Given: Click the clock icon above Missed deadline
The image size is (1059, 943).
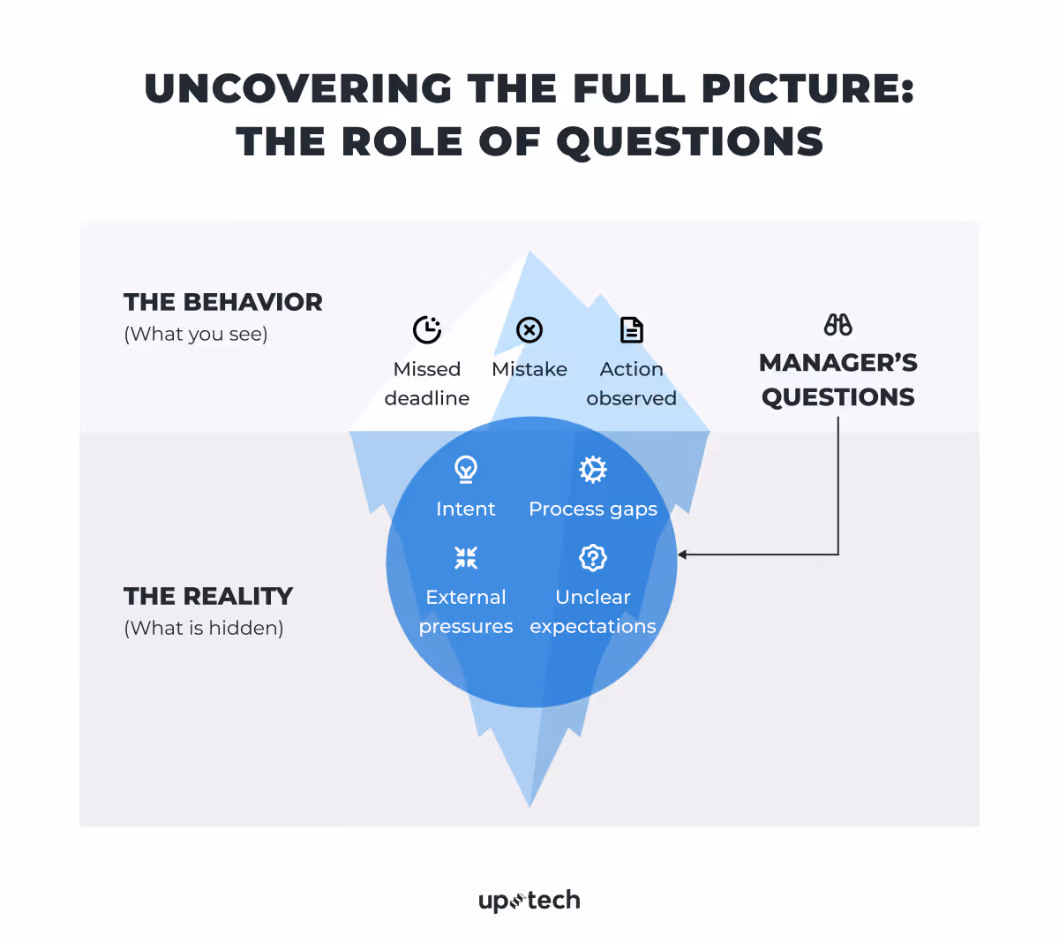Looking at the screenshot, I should (x=427, y=330).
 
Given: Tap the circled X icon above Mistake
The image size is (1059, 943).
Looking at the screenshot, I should (x=529, y=330).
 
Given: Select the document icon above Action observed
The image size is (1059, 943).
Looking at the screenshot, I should (x=632, y=330).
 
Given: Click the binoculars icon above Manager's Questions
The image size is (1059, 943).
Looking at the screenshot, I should (x=838, y=325).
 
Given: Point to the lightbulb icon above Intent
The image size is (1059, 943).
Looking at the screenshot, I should (x=466, y=469).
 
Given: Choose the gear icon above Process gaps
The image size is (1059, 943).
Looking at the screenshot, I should (x=593, y=469).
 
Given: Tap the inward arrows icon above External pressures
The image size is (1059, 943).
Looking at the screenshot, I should (x=466, y=557).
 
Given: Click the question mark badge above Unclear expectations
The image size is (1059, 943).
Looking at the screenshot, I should (x=593, y=557).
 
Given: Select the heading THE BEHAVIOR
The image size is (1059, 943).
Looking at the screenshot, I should (x=223, y=302).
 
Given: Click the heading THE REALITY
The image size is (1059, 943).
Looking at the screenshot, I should (x=208, y=596).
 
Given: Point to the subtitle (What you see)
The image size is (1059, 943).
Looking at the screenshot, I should (x=196, y=334).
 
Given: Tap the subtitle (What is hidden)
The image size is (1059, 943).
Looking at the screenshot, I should (x=204, y=628).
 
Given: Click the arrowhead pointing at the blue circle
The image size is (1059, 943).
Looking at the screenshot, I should (x=683, y=554).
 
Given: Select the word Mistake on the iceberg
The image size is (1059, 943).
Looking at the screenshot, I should (x=529, y=369).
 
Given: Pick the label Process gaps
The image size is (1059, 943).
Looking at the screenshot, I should (x=593, y=509).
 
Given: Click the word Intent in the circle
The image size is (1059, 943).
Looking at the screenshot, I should (x=466, y=509).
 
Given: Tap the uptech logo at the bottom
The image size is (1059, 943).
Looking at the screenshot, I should (x=529, y=901).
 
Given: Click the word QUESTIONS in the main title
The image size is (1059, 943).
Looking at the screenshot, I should (x=690, y=141).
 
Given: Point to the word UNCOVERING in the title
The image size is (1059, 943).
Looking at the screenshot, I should (x=298, y=88).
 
